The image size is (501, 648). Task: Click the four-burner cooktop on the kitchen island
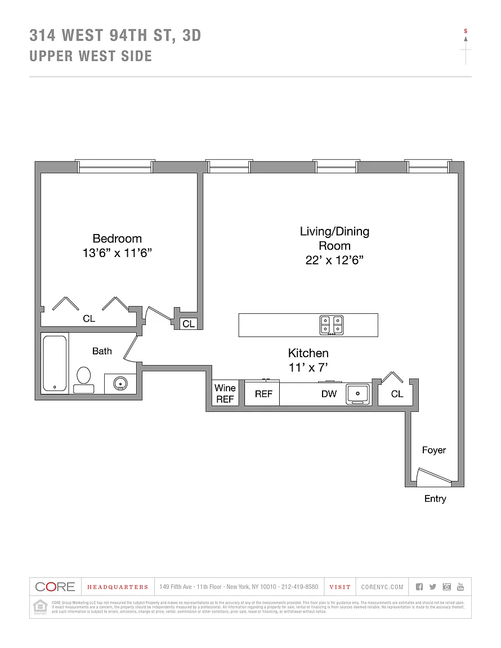point(331,325)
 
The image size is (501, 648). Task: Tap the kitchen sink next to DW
point(357,394)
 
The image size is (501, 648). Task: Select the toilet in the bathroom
point(84,379)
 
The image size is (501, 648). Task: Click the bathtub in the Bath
point(55,363)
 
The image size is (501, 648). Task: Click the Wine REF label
point(225,393)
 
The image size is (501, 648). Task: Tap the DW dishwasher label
point(329,394)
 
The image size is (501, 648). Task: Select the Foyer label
point(433,450)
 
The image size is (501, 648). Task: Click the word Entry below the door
point(435,498)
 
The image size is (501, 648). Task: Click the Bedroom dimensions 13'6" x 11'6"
point(117,253)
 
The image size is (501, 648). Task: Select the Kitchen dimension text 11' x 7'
point(308,368)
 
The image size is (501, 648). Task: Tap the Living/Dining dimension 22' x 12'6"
point(335,260)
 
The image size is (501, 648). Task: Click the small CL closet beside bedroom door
point(188,323)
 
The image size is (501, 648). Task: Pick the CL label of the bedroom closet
point(89,318)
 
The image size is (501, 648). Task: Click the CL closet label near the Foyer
point(397,394)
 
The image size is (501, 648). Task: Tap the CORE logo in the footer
point(55,587)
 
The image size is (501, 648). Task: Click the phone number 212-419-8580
point(299,587)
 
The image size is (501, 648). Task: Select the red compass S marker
point(466,31)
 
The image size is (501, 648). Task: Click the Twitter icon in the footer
point(432,587)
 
